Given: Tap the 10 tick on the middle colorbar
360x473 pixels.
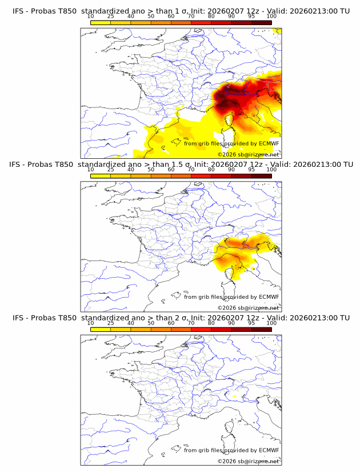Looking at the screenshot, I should pos(91,176).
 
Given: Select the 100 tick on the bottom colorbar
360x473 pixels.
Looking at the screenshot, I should pos(271,330).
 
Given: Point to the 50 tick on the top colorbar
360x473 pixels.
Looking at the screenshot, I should pos(151,22).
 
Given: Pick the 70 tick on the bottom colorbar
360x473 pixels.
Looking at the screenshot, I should pos(191,330).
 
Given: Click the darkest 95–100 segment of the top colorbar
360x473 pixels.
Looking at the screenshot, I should pos(261,22).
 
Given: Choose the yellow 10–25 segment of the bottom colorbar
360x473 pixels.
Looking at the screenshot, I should pos(101,330).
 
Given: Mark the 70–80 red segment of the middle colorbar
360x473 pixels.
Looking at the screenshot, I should pos(201,176).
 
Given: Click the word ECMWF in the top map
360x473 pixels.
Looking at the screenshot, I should pos(269,143).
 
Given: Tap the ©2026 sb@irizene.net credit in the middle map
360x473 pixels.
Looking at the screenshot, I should pos(248,308).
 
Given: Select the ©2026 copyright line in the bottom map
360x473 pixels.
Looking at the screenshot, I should pos(248,462).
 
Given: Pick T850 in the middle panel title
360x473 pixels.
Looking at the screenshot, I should pos(65,165).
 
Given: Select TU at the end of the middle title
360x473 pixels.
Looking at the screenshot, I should pos(345,165).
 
